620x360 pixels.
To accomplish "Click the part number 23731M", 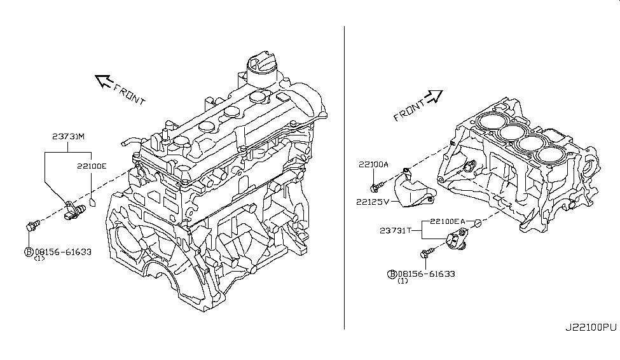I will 69,137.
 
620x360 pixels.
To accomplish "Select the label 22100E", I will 92,166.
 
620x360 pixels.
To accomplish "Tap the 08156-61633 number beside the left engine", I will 63,251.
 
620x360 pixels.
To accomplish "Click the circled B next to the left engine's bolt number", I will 29,252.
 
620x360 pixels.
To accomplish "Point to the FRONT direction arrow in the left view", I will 103,80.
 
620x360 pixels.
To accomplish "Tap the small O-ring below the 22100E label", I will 92,204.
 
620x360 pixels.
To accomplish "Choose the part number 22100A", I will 373,164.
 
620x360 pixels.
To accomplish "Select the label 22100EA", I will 447,221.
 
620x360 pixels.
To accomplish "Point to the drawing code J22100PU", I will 591,328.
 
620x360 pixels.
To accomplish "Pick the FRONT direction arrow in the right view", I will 434,96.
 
